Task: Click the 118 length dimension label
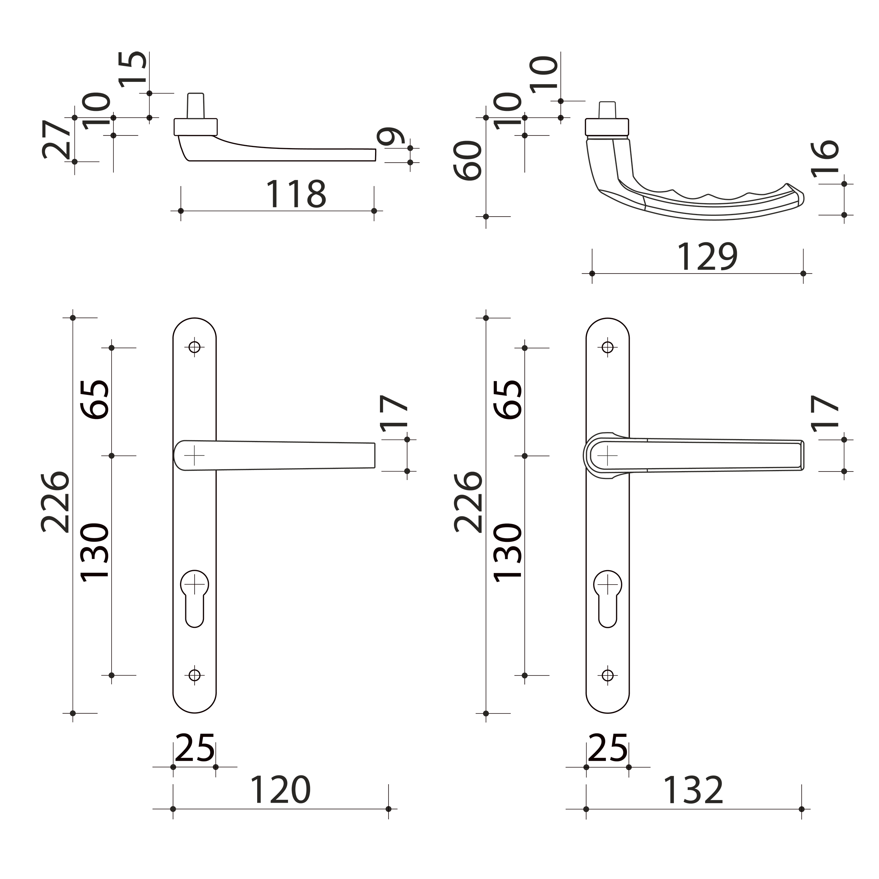pyautogui.click(x=296, y=194)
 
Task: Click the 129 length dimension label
pyautogui.click(x=707, y=257)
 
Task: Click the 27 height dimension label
pyautogui.click(x=57, y=139)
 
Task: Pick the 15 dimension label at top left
pyautogui.click(x=132, y=69)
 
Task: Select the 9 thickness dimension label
pyautogui.click(x=391, y=137)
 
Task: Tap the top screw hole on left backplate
pyautogui.click(x=194, y=348)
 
